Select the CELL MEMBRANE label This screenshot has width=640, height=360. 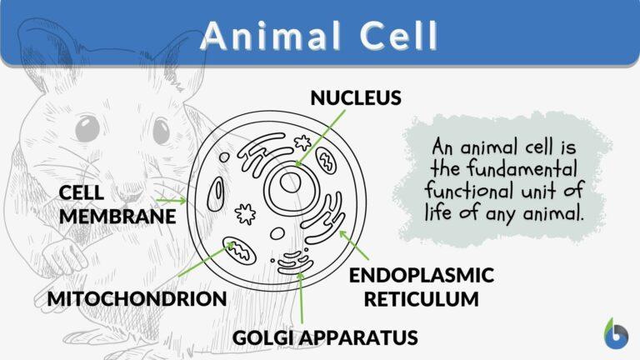117,204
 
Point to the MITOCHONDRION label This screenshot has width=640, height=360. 137,298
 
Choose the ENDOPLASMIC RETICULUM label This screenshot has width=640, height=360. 421,286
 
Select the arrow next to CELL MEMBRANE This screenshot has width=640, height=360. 172,201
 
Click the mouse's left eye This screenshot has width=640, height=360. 87,130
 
